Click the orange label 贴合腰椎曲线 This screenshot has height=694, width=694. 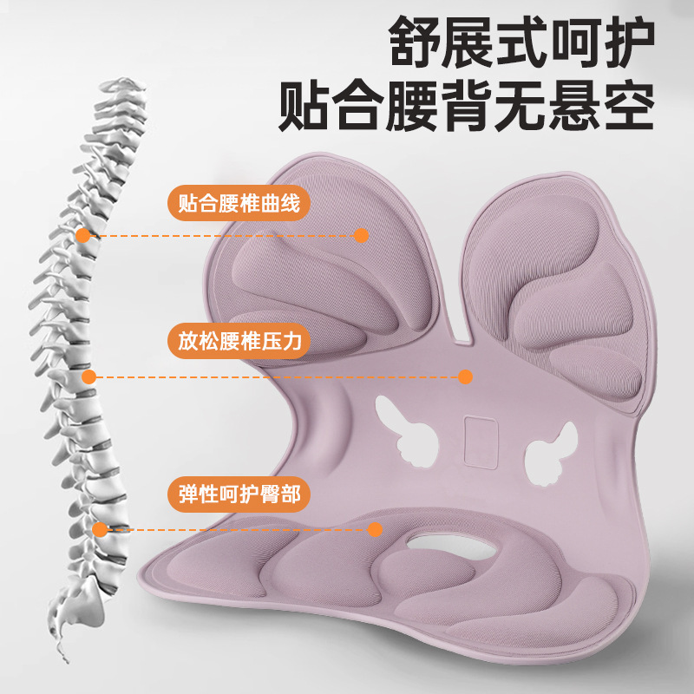tap(238, 206)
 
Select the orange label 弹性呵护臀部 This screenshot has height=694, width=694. tap(238, 494)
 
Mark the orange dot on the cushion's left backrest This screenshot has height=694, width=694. tap(362, 234)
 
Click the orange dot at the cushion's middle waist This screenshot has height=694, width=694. tap(465, 376)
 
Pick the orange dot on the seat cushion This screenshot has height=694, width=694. tap(375, 529)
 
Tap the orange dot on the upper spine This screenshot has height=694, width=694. tap(82, 234)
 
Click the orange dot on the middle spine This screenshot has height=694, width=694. tap(88, 376)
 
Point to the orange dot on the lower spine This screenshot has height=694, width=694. tap(101, 529)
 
